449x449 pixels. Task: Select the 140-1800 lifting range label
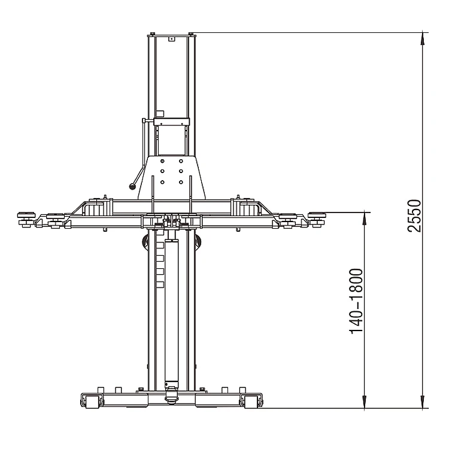pos(356,301)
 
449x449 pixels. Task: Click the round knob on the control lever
pos(131,187)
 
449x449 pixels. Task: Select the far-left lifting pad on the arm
pos(26,214)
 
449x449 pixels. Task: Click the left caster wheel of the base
pos(92,402)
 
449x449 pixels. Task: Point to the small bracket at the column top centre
pos(171,38)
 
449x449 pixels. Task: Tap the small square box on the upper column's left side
pos(159,112)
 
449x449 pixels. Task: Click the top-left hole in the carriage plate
pos(163,160)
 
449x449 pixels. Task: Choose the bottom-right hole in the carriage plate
pos(181,181)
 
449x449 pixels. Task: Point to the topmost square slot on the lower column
pos(160,245)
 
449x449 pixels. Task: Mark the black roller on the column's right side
pos(199,241)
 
